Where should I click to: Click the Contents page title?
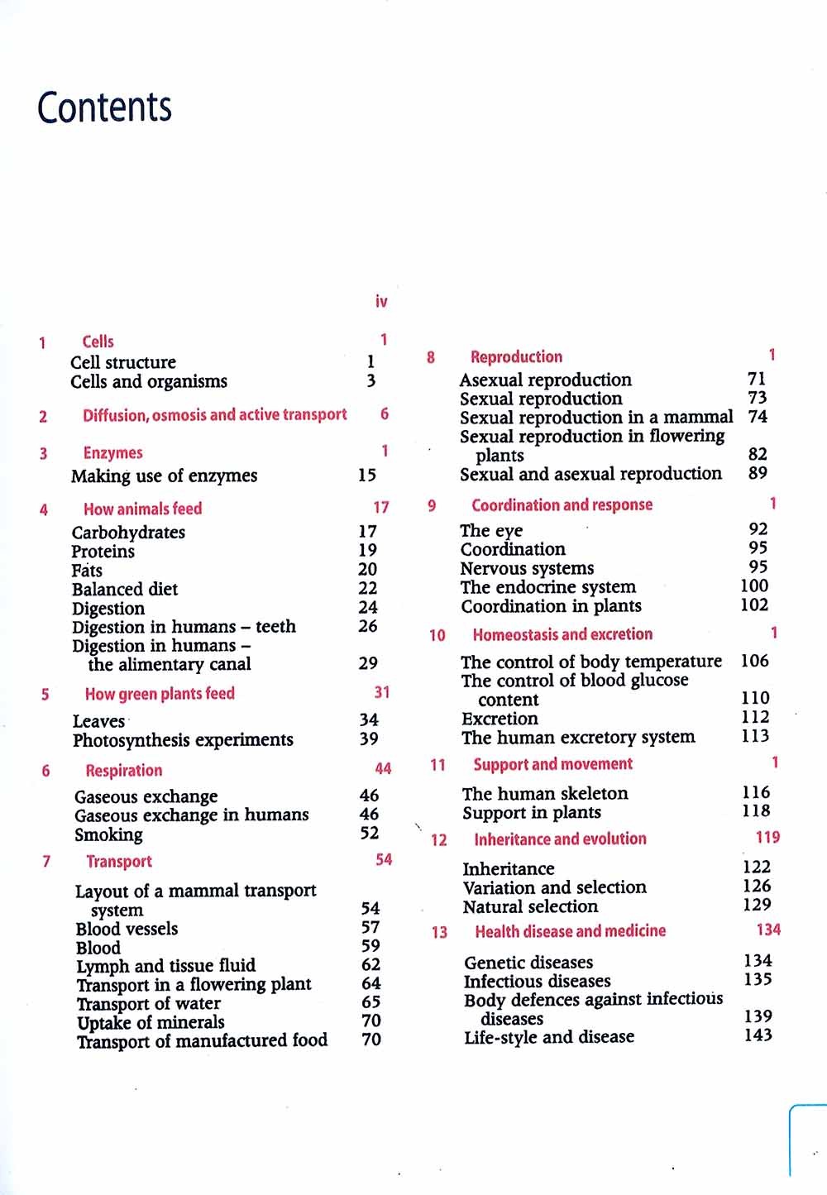tap(104, 108)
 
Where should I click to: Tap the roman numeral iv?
tap(381, 302)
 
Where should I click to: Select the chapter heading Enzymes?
tap(112, 453)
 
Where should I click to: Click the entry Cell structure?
tap(123, 362)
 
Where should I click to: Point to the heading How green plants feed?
tap(160, 694)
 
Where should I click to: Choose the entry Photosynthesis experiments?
tap(183, 740)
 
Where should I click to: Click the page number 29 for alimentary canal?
tap(368, 663)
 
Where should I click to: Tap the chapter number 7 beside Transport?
tap(46, 862)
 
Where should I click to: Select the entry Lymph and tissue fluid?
tap(166, 966)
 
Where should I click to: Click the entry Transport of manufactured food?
tap(203, 1040)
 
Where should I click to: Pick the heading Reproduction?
tap(516, 357)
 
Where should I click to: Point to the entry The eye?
tap(491, 531)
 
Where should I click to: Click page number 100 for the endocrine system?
tap(754, 586)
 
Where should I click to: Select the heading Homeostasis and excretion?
tap(562, 635)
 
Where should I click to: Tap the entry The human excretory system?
tap(578, 738)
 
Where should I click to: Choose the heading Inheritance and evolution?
tap(560, 839)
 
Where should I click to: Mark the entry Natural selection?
tap(530, 907)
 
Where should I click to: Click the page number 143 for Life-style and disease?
tap(758, 1035)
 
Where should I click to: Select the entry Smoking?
tap(108, 835)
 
